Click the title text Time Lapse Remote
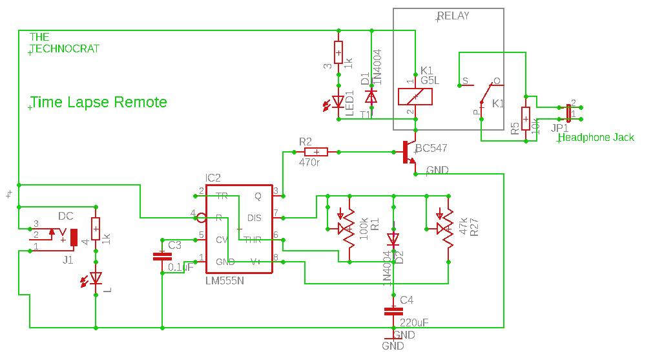[98, 102]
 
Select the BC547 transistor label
[431, 149]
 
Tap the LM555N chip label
[224, 281]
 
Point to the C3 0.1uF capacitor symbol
[161, 257]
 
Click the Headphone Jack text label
[596, 137]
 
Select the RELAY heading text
[453, 16]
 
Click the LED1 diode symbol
[338, 101]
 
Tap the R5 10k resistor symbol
[526, 119]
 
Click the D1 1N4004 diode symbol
[371, 96]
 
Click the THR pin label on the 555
[253, 239]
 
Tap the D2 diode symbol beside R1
[393, 239]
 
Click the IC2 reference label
[213, 178]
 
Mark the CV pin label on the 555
[222, 239]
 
